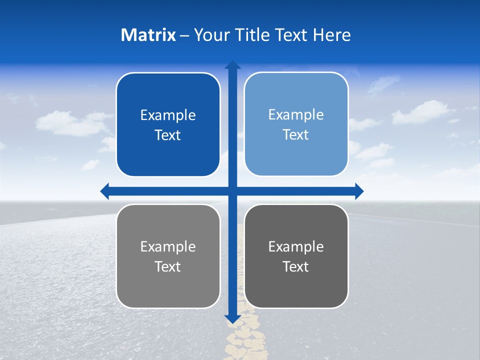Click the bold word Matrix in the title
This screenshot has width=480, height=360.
(148, 35)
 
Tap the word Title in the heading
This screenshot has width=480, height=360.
(253, 35)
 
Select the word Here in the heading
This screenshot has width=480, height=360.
(332, 35)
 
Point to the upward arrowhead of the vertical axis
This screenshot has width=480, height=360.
(232, 65)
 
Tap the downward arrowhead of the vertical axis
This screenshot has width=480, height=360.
(232, 318)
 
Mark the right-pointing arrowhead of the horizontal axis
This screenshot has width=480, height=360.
(359, 191)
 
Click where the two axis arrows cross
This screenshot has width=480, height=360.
(232, 191)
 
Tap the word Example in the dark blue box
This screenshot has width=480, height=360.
(168, 115)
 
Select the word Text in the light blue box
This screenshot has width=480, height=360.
(296, 135)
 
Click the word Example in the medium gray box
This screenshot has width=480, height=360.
(168, 247)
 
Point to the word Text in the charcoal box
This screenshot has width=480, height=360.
(296, 267)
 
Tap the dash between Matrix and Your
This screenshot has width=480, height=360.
(184, 35)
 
